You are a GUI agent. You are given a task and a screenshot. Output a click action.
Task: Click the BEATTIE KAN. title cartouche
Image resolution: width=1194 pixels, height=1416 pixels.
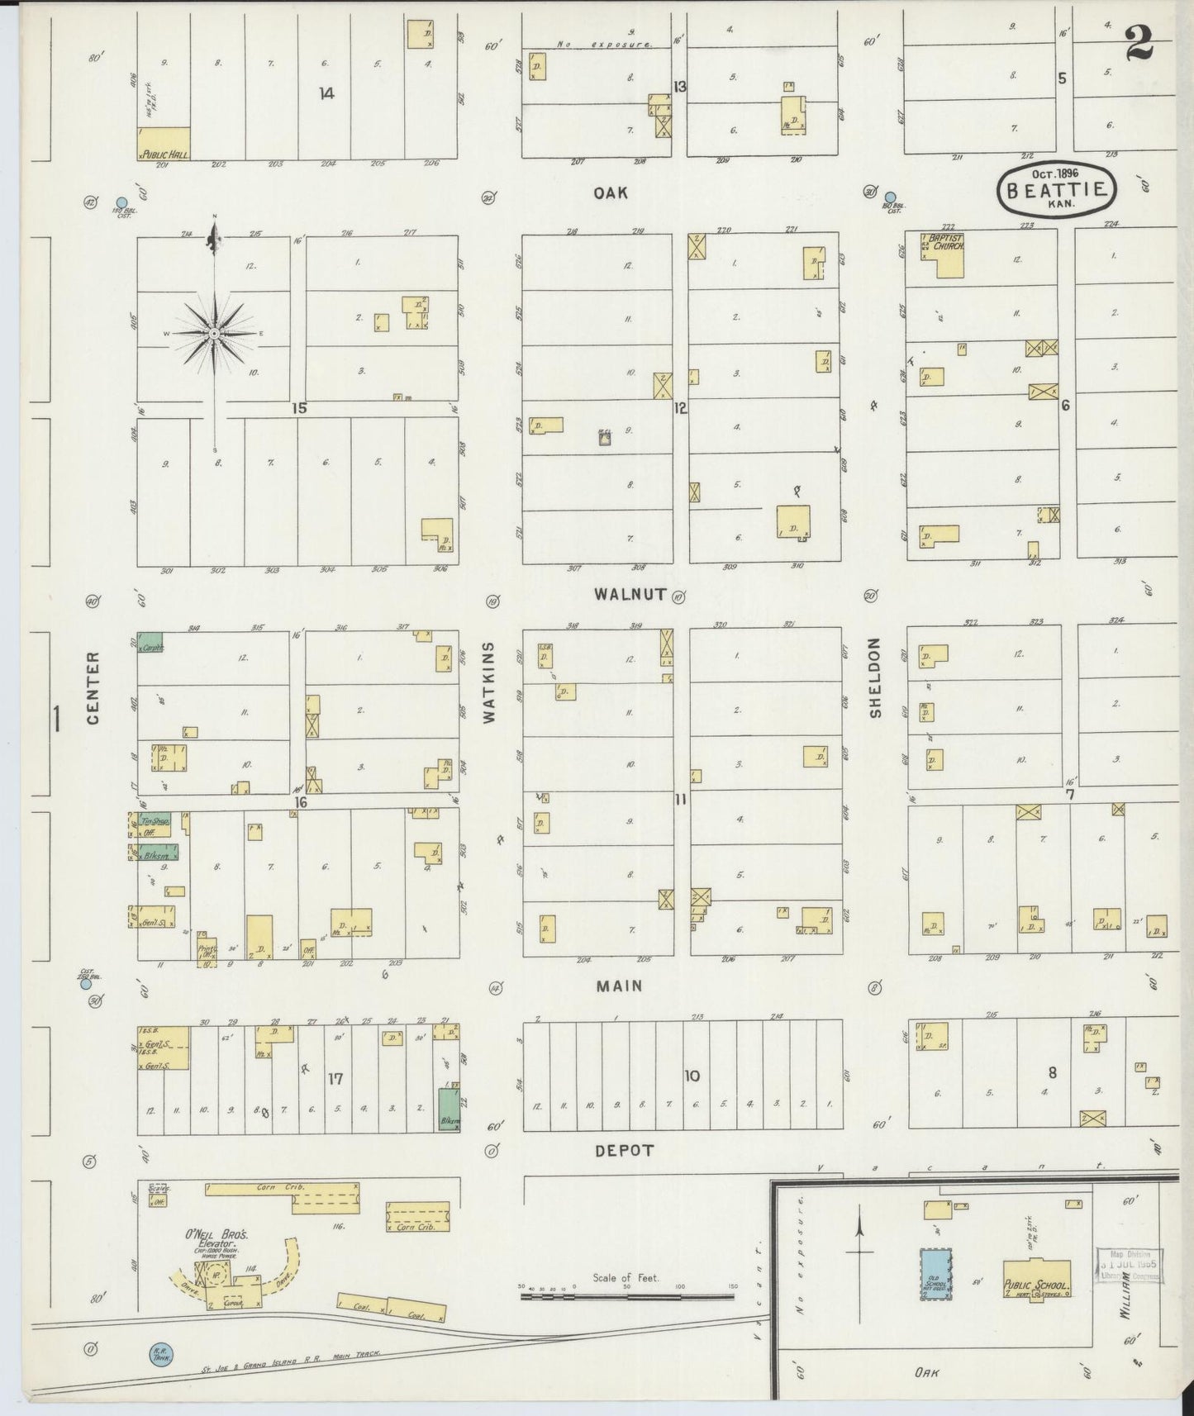coord(1056,189)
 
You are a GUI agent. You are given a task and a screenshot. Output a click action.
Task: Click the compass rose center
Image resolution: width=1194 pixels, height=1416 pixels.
coord(214,333)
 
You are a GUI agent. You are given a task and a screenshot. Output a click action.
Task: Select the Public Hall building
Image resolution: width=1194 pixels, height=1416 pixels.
coord(164,143)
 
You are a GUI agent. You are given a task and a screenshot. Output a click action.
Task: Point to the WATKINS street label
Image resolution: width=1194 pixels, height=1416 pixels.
coord(489,683)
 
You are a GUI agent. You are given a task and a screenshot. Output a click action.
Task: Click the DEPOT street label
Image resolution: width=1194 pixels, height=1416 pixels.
coord(624,1150)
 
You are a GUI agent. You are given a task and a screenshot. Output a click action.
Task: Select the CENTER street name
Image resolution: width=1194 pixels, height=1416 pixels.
coord(93,687)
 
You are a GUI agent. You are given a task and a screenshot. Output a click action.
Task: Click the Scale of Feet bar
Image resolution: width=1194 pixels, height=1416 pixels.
coord(626,1296)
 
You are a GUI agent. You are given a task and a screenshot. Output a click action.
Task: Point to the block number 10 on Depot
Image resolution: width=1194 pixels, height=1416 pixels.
coord(692,1076)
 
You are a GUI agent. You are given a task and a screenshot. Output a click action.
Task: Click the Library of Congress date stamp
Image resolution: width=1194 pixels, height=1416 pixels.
coord(1130,1264)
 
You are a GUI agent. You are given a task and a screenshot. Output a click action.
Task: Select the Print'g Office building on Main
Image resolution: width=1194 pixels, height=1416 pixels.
coord(206,951)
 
